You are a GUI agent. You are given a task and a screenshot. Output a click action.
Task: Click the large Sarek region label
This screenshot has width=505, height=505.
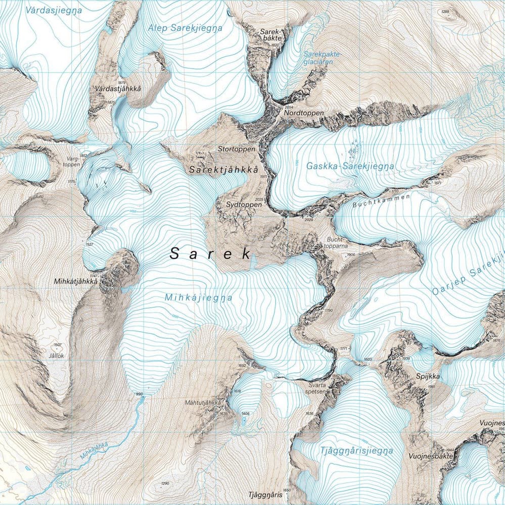coord(211,254)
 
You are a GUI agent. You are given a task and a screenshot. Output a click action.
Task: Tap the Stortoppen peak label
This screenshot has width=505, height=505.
coord(234,149)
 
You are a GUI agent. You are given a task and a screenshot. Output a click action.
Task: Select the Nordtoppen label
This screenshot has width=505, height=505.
coord(304,114)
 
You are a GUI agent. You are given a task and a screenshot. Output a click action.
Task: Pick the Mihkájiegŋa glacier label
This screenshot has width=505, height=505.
coord(199,298)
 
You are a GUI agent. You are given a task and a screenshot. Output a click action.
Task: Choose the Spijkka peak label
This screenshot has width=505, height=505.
coord(428,377)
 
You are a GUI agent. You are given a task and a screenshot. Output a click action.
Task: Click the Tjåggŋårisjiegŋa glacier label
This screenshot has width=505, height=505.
coord(356,451)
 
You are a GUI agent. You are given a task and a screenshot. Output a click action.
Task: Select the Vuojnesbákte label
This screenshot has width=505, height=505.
coord(429,456)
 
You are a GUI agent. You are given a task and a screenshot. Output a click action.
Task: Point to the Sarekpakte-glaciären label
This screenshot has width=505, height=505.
coord(323,57)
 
